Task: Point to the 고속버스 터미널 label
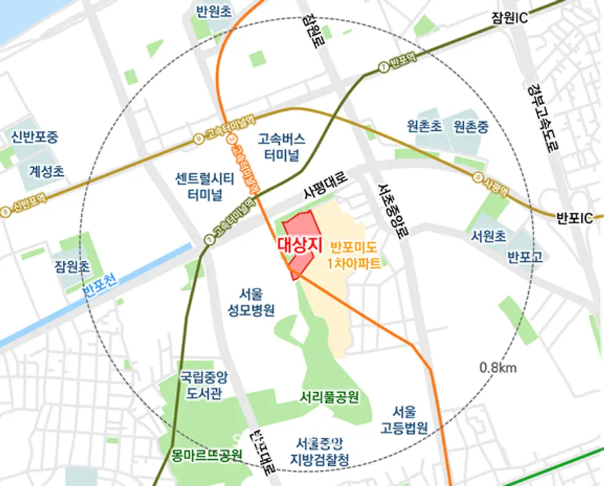pyautogui.click(x=283, y=146)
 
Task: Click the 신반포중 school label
pyautogui.click(x=34, y=137)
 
